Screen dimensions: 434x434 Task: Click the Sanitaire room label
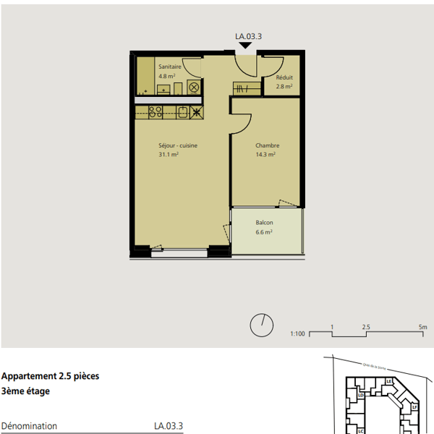click(170, 67)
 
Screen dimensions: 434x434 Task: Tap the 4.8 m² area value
click(167, 75)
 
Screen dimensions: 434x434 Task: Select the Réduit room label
click(284, 77)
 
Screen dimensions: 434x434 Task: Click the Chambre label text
click(267, 145)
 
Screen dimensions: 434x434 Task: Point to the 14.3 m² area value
click(265, 154)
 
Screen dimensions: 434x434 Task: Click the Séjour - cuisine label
click(178, 145)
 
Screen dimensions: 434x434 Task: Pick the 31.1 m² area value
click(169, 154)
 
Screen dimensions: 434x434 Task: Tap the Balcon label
click(264, 223)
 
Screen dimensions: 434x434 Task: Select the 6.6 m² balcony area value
click(263, 232)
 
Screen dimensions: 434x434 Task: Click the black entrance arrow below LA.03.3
click(245, 46)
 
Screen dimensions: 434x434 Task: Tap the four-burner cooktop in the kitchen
click(155, 112)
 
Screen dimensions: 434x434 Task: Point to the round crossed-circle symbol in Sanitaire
click(194, 88)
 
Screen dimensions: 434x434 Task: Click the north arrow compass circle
click(261, 326)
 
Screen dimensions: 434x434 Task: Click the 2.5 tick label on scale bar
click(366, 327)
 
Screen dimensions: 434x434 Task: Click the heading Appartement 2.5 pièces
click(51, 376)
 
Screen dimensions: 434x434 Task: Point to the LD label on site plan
click(360, 396)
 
